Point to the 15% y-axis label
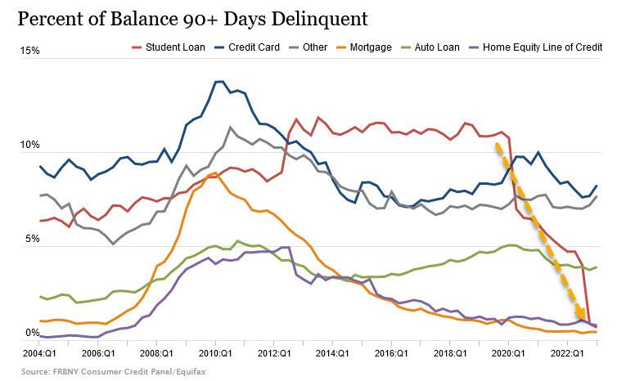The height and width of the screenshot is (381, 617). click(x=31, y=51)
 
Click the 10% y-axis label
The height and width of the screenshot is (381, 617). click(x=31, y=145)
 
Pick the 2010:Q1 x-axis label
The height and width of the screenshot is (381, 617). click(x=215, y=352)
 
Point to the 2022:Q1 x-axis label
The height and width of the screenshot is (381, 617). click(x=566, y=352)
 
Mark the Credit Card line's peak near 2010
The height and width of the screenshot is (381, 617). click(x=218, y=82)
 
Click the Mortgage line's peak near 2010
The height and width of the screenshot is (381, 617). click(x=213, y=173)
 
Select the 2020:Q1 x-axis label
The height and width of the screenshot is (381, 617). click(x=507, y=352)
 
